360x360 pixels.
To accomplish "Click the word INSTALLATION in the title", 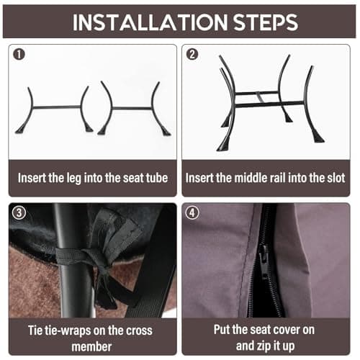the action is point(150,22).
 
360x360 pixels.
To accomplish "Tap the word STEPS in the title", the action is point(266,22).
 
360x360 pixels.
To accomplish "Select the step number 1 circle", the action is point(19,54).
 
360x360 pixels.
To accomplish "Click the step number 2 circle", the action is point(192,54).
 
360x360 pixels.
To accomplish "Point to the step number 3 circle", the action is point(19,212).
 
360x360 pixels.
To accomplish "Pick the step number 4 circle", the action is point(192,212).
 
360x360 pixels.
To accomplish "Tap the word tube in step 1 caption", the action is point(157,178).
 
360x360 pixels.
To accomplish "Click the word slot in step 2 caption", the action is point(336,178).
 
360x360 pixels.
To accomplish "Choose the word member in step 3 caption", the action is point(91,346).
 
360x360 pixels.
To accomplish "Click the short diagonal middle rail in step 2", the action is point(260,97).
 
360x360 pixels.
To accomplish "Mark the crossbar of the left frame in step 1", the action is point(57,107).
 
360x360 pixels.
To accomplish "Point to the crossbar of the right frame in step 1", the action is point(132,109).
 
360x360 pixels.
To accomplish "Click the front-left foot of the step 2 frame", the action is point(222,146).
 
